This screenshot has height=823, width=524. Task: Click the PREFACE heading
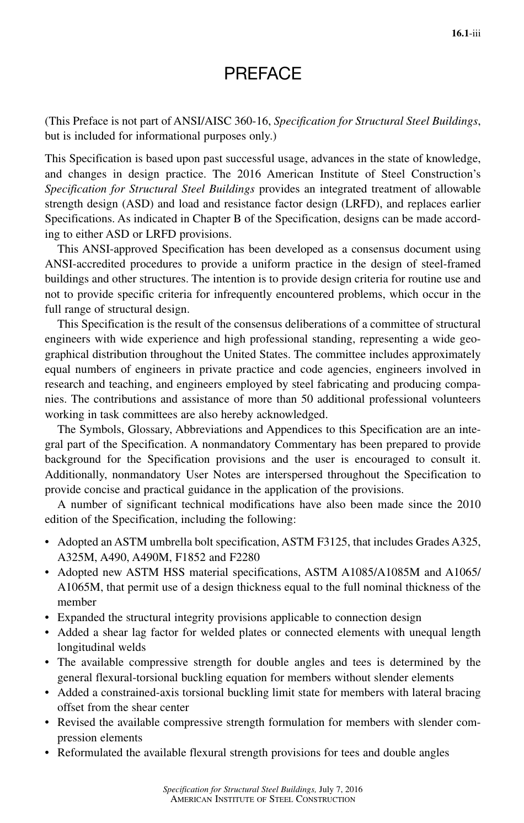pos(263,73)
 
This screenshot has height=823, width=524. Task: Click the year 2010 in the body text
pos(469,504)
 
